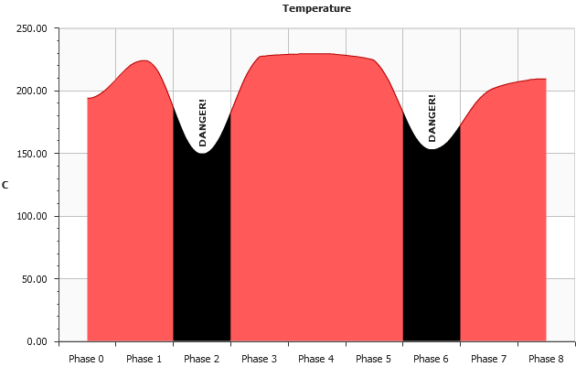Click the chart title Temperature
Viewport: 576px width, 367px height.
[x=316, y=8]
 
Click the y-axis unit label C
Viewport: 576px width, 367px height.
[x=5, y=185]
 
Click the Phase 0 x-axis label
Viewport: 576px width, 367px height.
[x=87, y=359]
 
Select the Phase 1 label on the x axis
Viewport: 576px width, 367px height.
[x=144, y=359]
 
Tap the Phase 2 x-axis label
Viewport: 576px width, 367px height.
[x=202, y=359]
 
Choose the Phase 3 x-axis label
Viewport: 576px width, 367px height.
[x=260, y=359]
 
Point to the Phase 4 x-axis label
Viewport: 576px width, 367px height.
[x=316, y=359]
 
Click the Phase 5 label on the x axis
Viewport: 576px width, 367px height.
[x=374, y=359]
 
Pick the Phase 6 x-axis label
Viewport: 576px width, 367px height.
[x=432, y=359]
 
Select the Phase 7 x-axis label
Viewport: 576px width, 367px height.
[x=489, y=359]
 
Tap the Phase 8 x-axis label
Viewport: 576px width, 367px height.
[x=546, y=359]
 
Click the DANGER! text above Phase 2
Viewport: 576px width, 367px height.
[x=202, y=124]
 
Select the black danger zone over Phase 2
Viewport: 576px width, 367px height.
[x=202, y=247]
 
